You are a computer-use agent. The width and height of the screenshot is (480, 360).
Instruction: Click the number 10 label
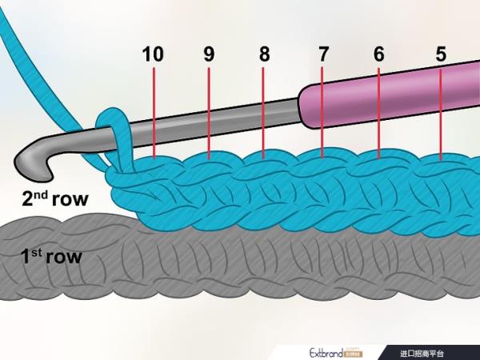click(153, 54)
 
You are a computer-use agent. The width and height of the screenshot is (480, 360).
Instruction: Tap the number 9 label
click(209, 54)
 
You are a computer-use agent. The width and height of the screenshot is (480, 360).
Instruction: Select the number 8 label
click(265, 54)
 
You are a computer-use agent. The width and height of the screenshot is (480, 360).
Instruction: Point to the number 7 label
click(323, 54)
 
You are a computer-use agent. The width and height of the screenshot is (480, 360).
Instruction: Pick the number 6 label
click(379, 54)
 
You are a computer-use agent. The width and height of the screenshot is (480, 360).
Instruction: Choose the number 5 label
click(441, 54)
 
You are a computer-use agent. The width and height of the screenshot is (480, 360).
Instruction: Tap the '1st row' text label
click(52, 258)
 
